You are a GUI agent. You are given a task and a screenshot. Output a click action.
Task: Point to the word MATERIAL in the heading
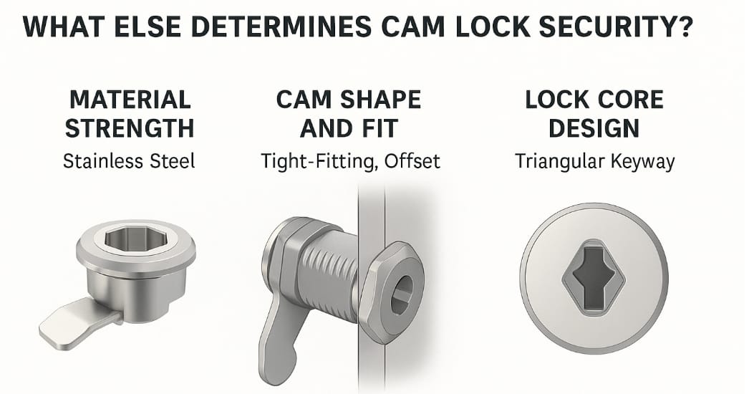[130, 99]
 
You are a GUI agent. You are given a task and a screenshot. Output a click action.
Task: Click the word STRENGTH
[130, 129]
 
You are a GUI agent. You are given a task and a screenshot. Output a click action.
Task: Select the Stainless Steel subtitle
[130, 161]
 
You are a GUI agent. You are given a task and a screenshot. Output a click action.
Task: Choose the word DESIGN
[594, 129]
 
